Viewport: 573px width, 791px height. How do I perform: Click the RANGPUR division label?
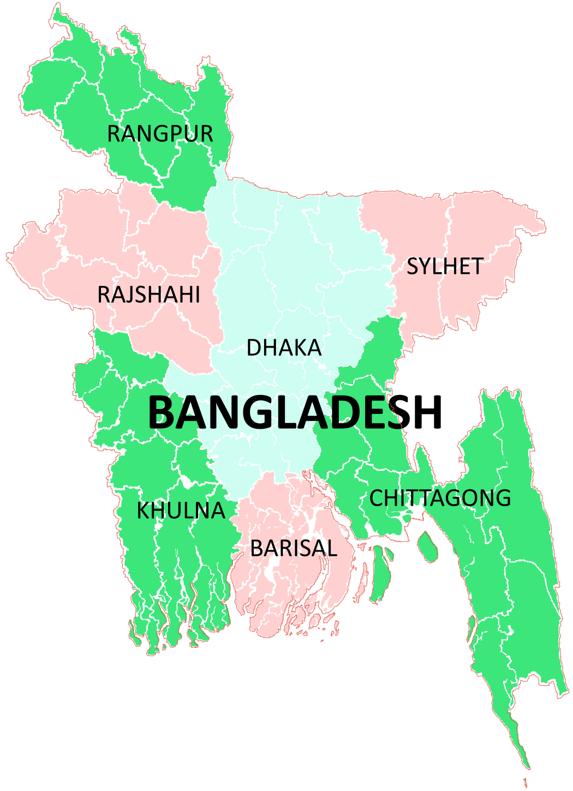tap(160, 134)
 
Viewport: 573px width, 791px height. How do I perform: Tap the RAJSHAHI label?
tap(148, 295)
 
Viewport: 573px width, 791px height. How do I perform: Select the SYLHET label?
tap(445, 267)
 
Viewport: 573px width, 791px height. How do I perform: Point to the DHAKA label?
tap(284, 348)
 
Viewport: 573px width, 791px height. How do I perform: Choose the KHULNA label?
tap(181, 511)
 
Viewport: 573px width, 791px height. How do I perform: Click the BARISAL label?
tap(294, 548)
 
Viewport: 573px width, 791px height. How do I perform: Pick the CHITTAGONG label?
tap(440, 498)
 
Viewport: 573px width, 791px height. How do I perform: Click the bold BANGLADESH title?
tap(295, 412)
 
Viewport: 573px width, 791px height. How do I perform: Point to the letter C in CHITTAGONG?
tap(377, 498)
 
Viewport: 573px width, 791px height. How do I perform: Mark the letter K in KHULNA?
tap(143, 511)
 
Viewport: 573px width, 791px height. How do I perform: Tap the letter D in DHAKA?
tap(254, 348)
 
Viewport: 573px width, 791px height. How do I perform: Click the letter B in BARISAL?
tap(256, 548)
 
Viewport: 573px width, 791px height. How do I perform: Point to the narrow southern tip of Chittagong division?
tap(525, 764)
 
